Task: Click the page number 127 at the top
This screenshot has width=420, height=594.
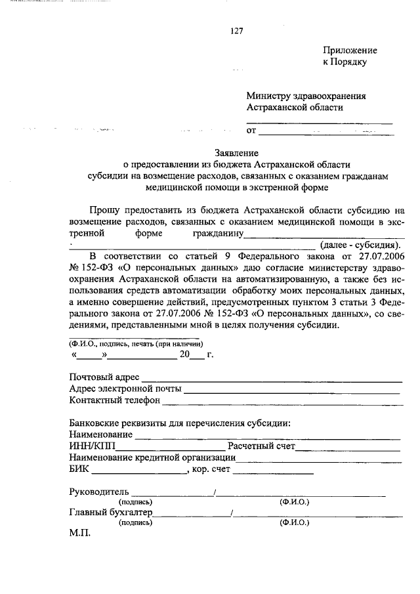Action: (x=237, y=30)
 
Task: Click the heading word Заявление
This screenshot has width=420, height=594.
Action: (x=237, y=152)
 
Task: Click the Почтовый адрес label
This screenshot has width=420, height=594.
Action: (x=103, y=377)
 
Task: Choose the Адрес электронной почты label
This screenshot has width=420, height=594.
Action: (x=125, y=389)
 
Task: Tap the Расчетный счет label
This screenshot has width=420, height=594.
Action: (x=261, y=446)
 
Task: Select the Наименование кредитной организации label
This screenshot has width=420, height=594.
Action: (x=152, y=457)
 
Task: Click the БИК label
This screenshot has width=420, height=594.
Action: (x=79, y=469)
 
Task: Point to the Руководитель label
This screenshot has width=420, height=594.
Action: (x=99, y=492)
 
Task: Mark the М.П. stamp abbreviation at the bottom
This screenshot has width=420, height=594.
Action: (x=79, y=534)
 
